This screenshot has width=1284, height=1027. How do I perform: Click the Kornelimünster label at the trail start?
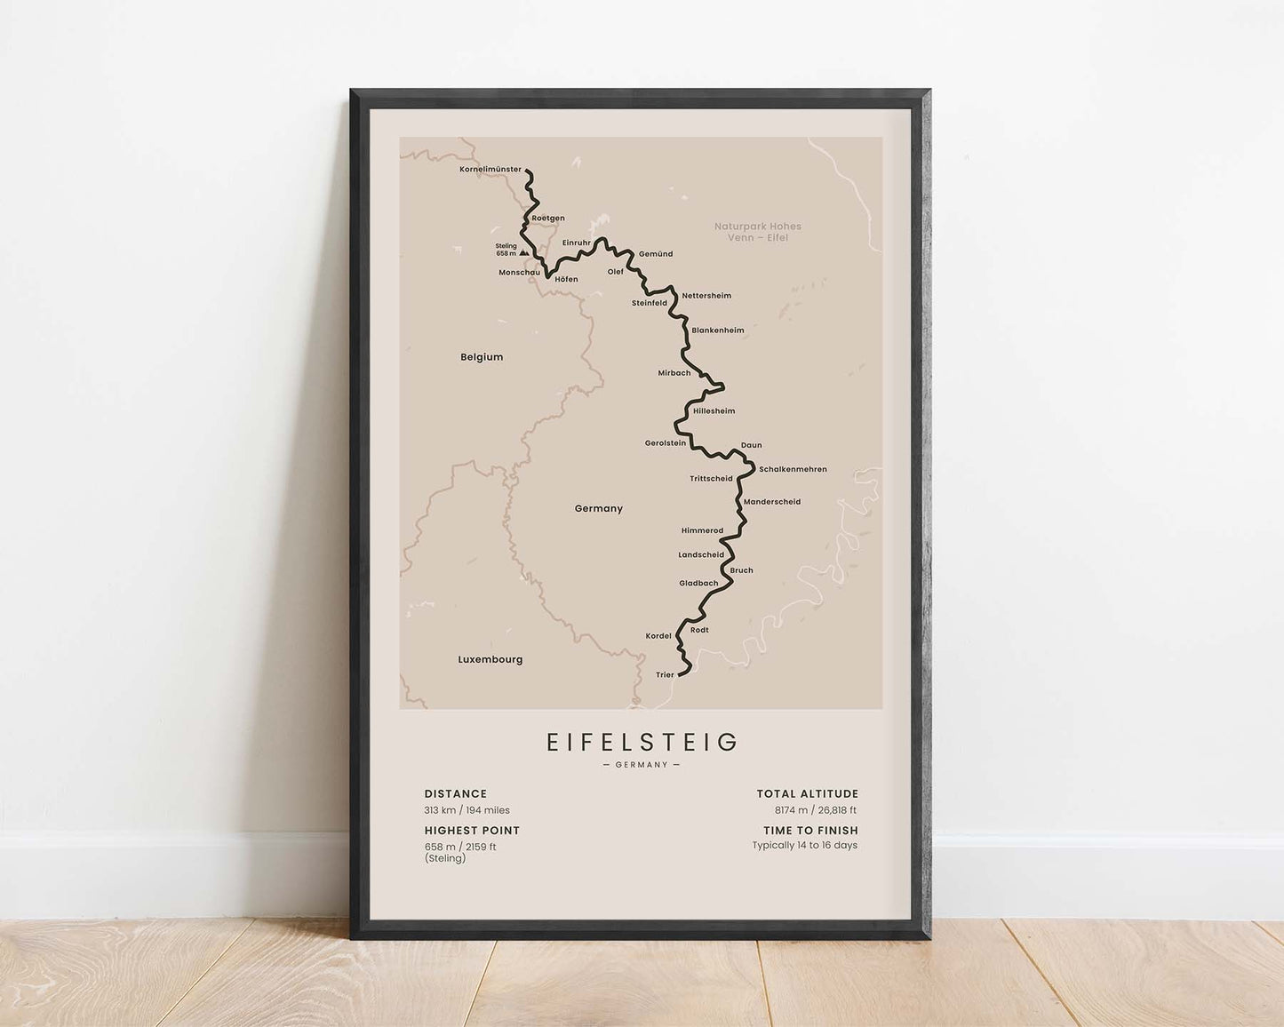pyautogui.click(x=490, y=169)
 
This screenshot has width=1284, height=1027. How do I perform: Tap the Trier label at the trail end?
pyautogui.click(x=665, y=675)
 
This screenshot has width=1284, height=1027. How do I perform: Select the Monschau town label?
pyautogui.click(x=519, y=272)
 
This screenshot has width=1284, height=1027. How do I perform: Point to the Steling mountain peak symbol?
pyautogui.click(x=522, y=253)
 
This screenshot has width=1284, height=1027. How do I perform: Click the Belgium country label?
pyautogui.click(x=482, y=357)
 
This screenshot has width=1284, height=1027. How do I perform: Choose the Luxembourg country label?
pyautogui.click(x=490, y=659)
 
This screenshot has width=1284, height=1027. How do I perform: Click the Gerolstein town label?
pyautogui.click(x=666, y=442)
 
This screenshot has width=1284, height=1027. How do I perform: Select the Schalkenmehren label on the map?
pyautogui.click(x=793, y=469)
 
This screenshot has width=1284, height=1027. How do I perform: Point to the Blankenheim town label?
pyautogui.click(x=718, y=330)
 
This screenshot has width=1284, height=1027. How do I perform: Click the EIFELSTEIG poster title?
pyautogui.click(x=642, y=742)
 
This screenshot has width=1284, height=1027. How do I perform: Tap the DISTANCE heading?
pyautogui.click(x=456, y=794)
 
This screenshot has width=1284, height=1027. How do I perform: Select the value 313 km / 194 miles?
pyautogui.click(x=467, y=810)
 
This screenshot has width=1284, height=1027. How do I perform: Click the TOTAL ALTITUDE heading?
pyautogui.click(x=808, y=794)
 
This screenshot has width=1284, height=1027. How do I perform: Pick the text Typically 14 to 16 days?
pyautogui.click(x=805, y=845)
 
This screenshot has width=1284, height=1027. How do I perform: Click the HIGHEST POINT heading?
pyautogui.click(x=472, y=831)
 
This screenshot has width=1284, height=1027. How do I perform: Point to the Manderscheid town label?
pyautogui.click(x=772, y=502)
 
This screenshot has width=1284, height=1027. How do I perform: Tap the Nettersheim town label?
pyautogui.click(x=706, y=296)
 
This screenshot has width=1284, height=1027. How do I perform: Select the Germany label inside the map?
pyautogui.click(x=599, y=509)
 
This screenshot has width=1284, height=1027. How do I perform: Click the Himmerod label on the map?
pyautogui.click(x=702, y=530)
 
